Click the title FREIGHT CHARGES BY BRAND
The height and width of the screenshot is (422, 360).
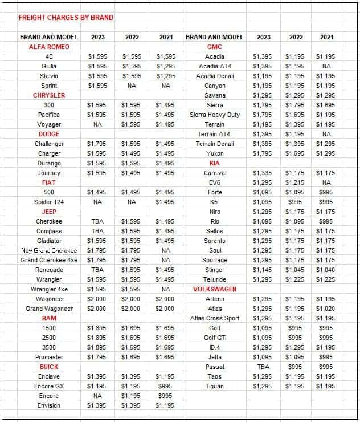(x=66, y=17)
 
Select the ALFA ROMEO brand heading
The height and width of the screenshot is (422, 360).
(x=49, y=47)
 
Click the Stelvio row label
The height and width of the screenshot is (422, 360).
(x=49, y=76)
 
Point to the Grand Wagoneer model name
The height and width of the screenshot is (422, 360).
(x=49, y=309)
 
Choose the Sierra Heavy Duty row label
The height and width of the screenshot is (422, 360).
(x=215, y=115)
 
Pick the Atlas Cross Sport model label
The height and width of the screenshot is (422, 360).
(x=215, y=318)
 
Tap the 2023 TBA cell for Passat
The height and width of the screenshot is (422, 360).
(x=263, y=367)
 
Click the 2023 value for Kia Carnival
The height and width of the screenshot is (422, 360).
(x=263, y=173)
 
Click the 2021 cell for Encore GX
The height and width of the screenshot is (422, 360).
(x=165, y=386)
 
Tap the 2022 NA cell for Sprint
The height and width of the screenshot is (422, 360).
(x=132, y=86)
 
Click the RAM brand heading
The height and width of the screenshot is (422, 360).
(x=49, y=318)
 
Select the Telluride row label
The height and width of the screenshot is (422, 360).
(x=215, y=279)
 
